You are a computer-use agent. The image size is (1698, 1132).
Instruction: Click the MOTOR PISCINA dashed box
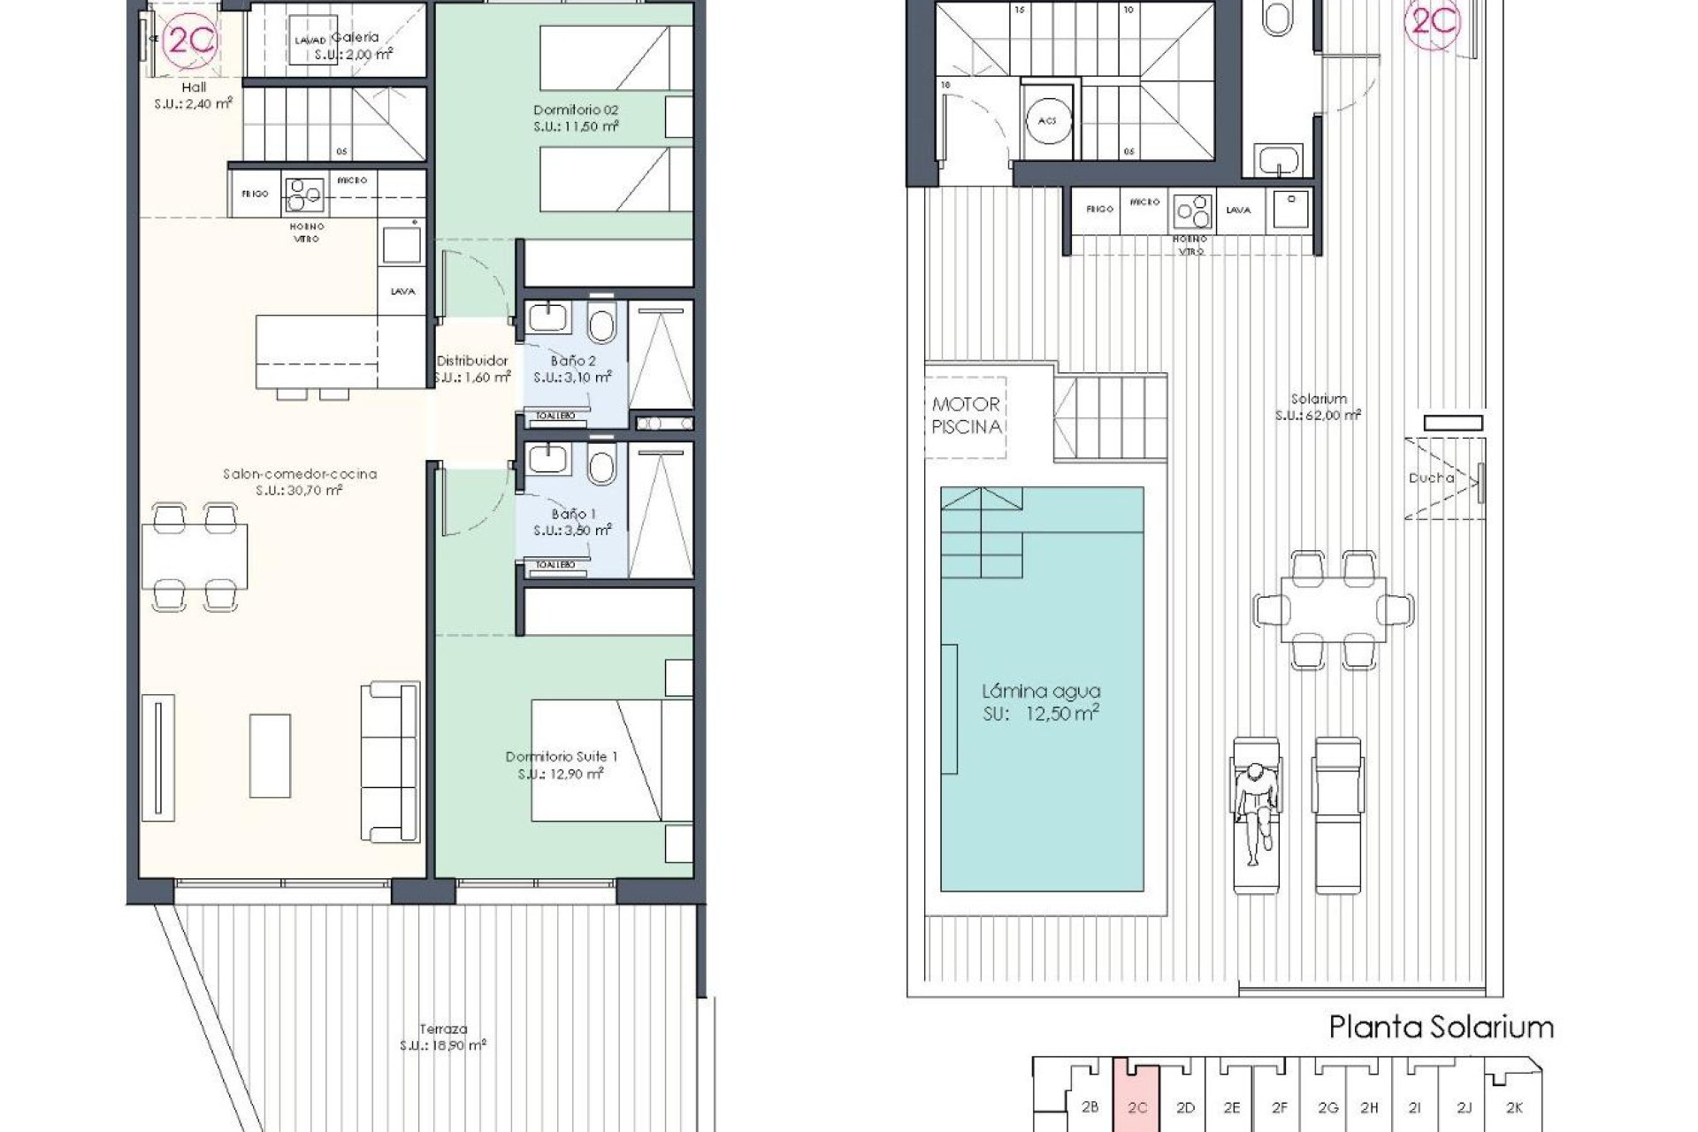pyautogui.click(x=966, y=416)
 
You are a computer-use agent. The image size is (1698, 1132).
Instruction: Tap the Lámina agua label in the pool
pyautogui.click(x=1041, y=702)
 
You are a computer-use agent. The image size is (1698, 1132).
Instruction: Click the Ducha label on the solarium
pyautogui.click(x=1431, y=478)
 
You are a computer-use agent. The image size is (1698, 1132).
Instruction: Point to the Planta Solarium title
pyautogui.click(x=1442, y=1028)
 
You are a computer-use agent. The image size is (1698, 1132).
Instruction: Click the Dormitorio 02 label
pyautogui.click(x=576, y=118)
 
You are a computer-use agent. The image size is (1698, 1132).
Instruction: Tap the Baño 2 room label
pyautogui.click(x=573, y=369)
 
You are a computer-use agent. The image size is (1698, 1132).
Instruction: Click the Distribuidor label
pyautogui.click(x=472, y=369)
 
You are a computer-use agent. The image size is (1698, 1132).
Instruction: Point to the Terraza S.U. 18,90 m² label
pyautogui.click(x=444, y=1036)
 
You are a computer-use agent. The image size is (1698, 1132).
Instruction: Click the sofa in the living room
pyautogui.click(x=389, y=761)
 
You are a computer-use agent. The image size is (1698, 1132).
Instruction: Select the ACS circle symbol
pyautogui.click(x=1049, y=121)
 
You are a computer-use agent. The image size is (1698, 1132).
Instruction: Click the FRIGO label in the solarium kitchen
pyautogui.click(x=1098, y=210)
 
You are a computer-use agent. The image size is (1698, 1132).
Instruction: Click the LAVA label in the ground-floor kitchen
pyautogui.click(x=402, y=292)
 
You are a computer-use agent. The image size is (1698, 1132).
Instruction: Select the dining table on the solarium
pyautogui.click(x=1334, y=609)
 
